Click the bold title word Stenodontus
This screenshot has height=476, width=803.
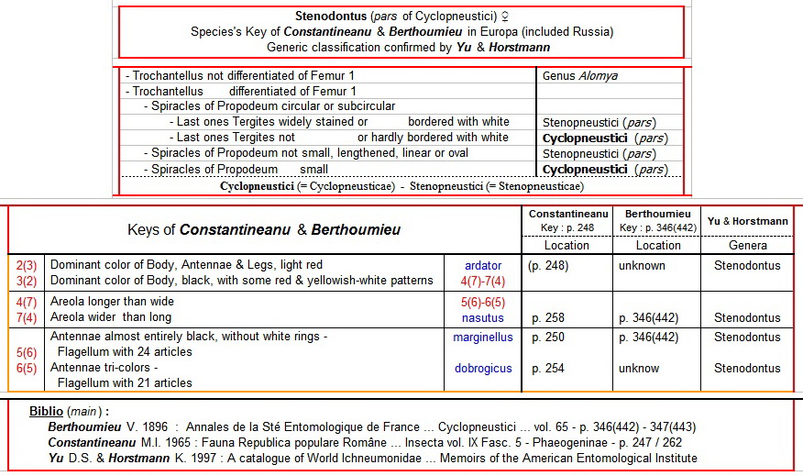coord(332,16)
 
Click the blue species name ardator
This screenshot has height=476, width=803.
coord(483,266)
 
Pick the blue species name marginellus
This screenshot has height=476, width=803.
coord(483,338)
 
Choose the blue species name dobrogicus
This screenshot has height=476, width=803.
coord(483,369)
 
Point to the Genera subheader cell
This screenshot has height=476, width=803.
coord(747,245)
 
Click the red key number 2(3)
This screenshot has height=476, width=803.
coord(26,266)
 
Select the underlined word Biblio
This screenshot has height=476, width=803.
coord(47,411)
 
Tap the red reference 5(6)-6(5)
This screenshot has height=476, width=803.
coord(483,302)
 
